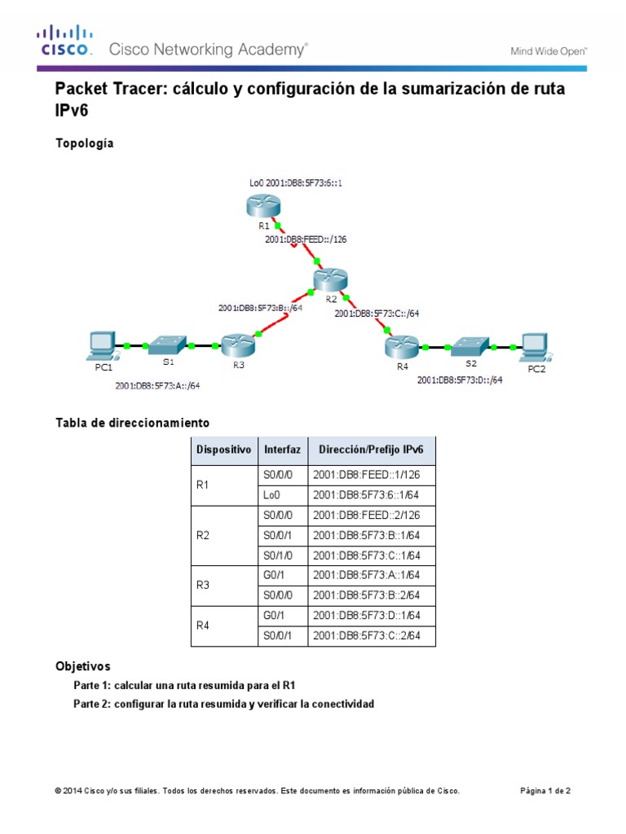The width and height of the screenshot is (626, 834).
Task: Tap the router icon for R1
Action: pyautogui.click(x=262, y=208)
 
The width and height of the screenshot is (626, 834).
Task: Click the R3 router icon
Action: pyautogui.click(x=239, y=346)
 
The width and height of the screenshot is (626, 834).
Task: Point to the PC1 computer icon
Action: pyautogui.click(x=103, y=346)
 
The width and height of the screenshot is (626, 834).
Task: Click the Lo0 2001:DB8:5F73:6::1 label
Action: pyautogui.click(x=284, y=182)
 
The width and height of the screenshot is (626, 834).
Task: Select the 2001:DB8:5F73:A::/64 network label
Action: pyautogui.click(x=158, y=386)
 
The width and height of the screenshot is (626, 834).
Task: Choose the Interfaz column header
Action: pyautogui.click(x=282, y=450)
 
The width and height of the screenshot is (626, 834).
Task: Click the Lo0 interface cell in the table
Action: pyautogui.click(x=271, y=495)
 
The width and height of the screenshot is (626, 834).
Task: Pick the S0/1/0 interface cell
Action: pyautogui.click(x=277, y=555)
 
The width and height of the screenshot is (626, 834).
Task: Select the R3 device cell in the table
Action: pyautogui.click(x=204, y=586)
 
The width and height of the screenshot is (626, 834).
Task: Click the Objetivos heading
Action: pyautogui.click(x=82, y=666)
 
